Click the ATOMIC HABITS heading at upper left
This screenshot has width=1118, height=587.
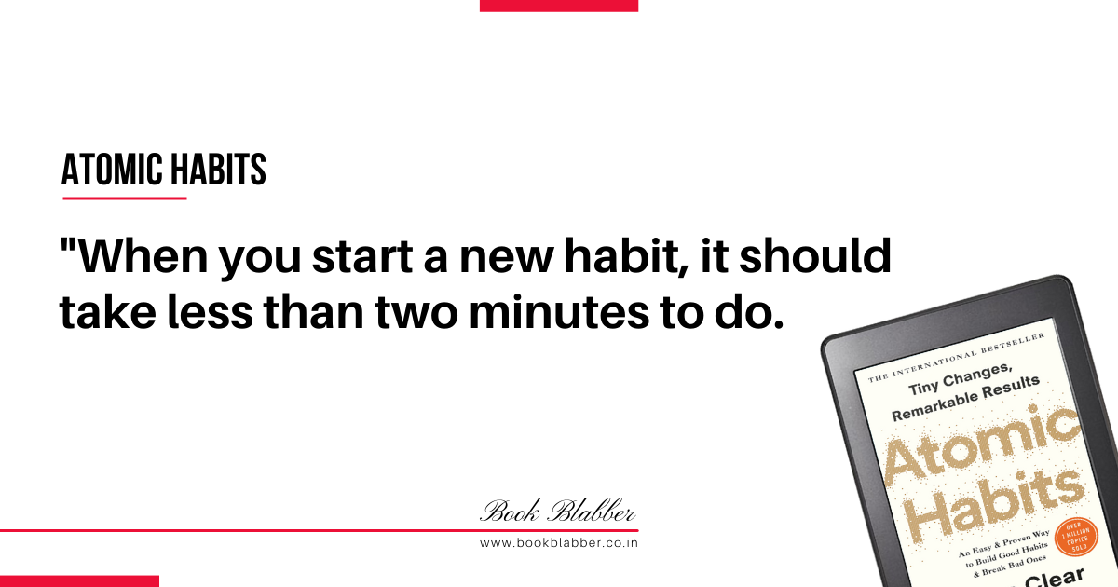164,170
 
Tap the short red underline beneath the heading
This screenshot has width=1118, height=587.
125,198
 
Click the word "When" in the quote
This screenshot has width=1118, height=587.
143,256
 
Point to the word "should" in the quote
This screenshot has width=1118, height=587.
815,255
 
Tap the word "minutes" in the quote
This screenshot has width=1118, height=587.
560,311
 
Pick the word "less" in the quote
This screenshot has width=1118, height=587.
211,311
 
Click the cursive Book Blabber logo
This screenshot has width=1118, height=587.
557,512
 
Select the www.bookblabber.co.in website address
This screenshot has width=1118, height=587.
558,543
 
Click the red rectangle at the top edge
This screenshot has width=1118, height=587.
559,6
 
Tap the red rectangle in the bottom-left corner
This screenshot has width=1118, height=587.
79,581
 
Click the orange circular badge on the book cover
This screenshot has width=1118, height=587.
1077,537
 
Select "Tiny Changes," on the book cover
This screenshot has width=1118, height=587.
961,379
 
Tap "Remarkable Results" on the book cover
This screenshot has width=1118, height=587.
966,399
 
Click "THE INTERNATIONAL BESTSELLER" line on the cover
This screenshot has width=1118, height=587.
956,358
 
